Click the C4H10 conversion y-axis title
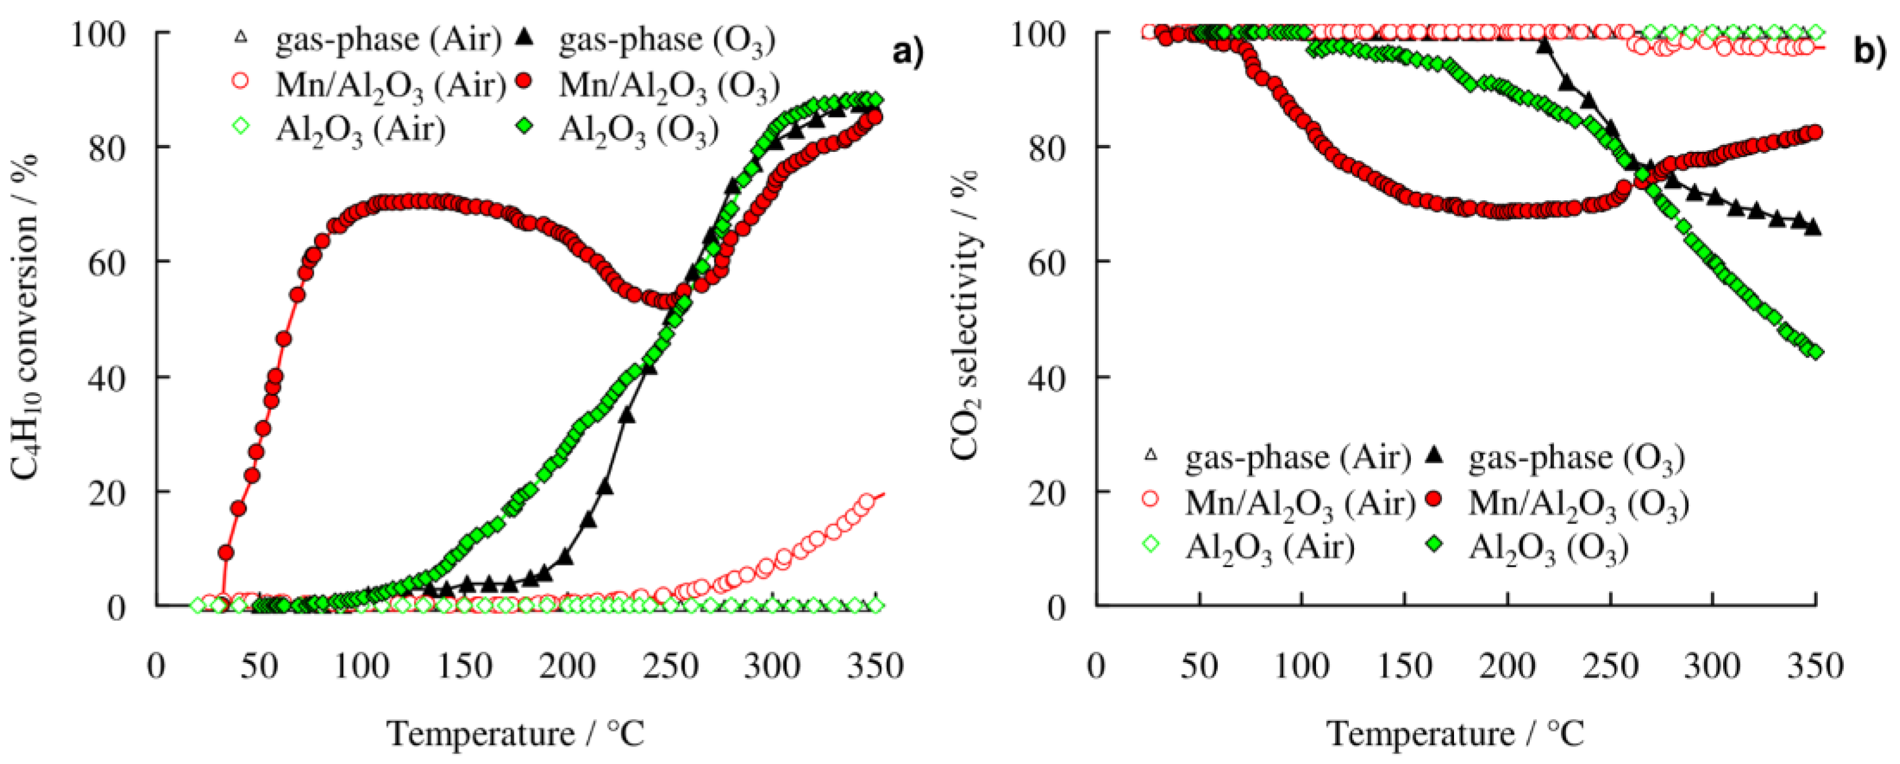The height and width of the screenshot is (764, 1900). pos(26,318)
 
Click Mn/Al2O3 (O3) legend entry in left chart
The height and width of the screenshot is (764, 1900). pos(667,86)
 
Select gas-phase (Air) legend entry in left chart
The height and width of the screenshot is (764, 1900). pos(387,40)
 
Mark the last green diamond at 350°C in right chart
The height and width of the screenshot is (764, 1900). pos(1815,352)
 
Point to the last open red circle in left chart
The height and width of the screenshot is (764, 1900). pos(867,503)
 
